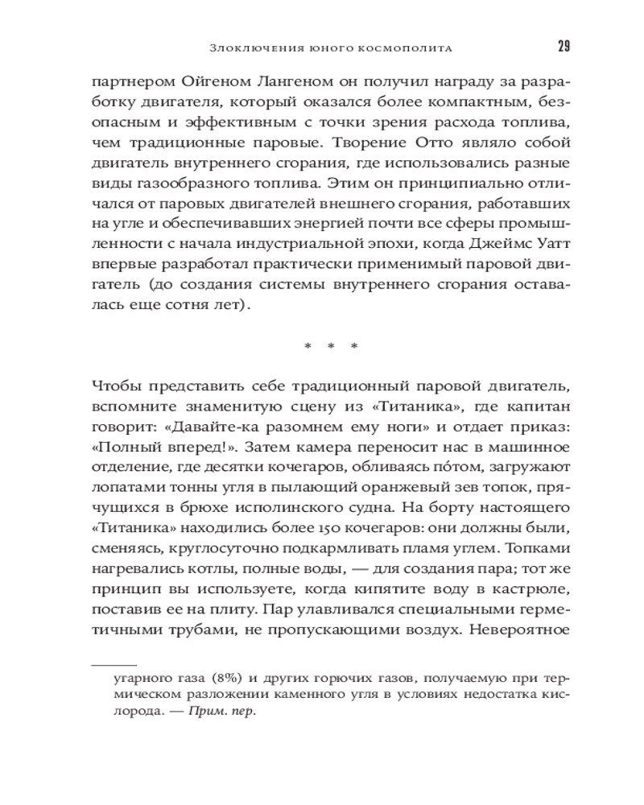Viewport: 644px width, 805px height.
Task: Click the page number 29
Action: pos(563,46)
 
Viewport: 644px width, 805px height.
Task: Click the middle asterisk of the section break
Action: pos(331,348)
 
